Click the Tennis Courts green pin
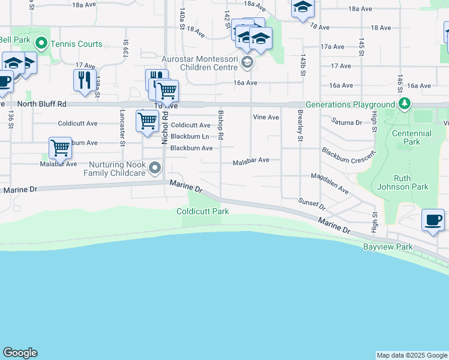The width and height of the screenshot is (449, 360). [x=41, y=43]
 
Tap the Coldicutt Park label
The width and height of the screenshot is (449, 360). [x=203, y=211]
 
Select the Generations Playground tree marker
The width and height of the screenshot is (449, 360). [x=405, y=104]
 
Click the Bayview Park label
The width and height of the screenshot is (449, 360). [x=388, y=247]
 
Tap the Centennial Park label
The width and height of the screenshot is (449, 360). [x=411, y=137]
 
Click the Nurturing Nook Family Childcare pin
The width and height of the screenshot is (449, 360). [x=155, y=169]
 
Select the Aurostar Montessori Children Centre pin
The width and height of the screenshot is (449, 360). [x=247, y=62]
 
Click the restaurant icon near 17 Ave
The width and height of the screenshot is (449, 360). [x=83, y=79]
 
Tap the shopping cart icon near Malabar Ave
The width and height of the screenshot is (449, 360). [x=59, y=147]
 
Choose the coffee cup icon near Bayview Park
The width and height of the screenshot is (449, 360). [x=432, y=220]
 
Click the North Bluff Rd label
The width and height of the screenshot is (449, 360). [x=42, y=104]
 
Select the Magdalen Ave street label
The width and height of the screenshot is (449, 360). [x=330, y=183]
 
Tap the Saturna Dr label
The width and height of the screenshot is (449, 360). [x=348, y=122]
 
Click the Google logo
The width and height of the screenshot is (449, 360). [x=20, y=353]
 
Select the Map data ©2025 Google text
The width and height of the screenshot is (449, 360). [x=412, y=355]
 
